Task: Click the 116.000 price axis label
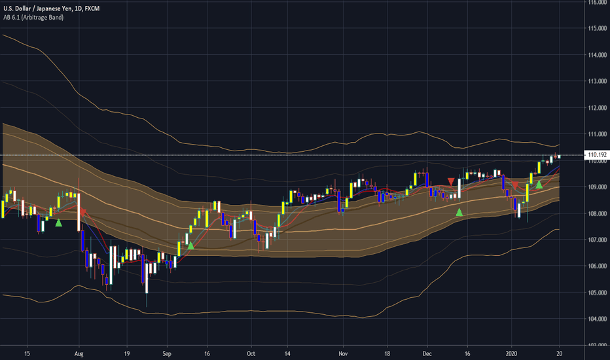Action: click(x=596, y=3)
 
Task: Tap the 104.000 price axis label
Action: click(x=596, y=319)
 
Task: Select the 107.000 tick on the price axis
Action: click(x=596, y=240)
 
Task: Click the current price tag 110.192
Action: click(x=596, y=155)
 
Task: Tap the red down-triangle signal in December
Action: click(x=450, y=181)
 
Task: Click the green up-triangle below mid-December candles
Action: click(x=459, y=212)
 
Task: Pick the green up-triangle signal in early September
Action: click(x=190, y=245)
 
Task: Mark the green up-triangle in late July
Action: click(x=58, y=223)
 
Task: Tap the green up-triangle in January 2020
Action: click(x=539, y=185)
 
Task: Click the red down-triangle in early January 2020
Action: click(x=514, y=185)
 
